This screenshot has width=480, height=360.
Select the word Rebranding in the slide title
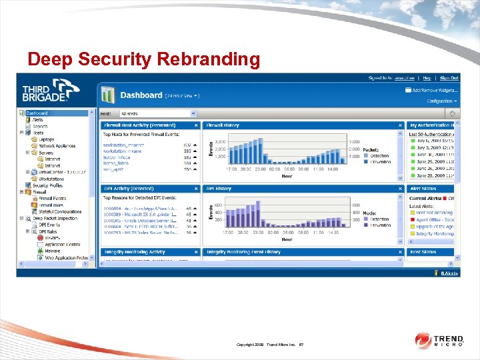209,59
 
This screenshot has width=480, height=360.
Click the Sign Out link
449,78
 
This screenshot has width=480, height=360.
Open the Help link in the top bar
427,78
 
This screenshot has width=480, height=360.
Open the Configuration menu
440,101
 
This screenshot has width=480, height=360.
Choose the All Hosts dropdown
158,114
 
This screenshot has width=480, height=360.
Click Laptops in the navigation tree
47,139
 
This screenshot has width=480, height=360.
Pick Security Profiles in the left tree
47,185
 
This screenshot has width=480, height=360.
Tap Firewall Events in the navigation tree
52,199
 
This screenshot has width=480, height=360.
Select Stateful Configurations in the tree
59,211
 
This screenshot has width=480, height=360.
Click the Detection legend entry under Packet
379,155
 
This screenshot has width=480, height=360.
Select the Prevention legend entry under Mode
379,225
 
